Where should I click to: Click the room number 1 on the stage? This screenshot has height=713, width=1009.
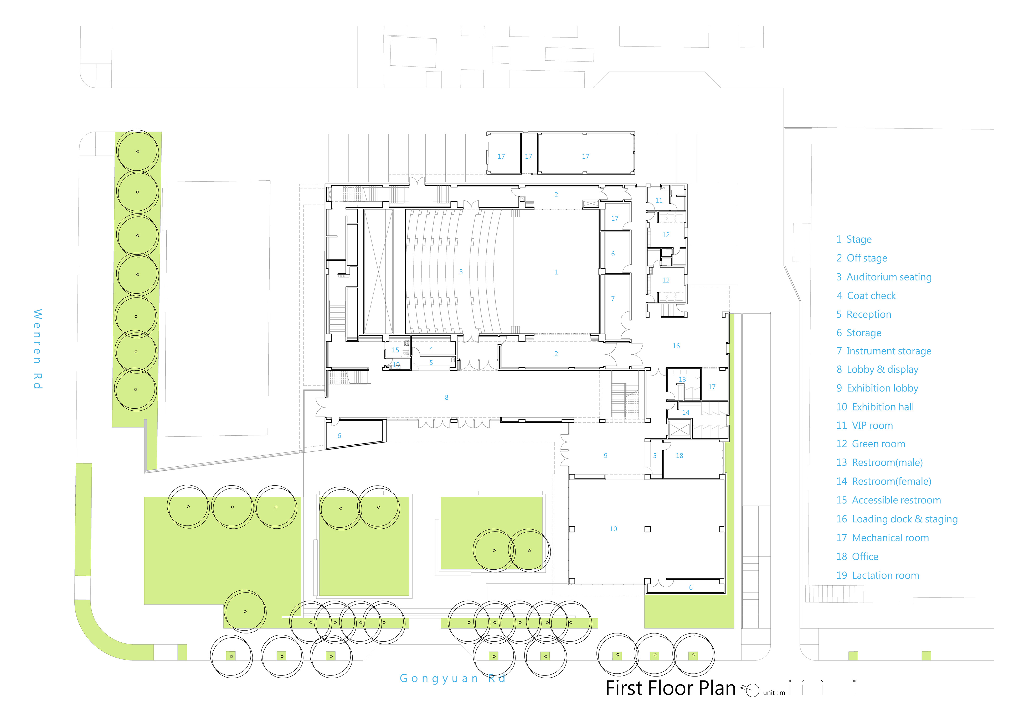pyautogui.click(x=556, y=272)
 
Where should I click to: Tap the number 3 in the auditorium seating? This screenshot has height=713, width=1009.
pyautogui.click(x=461, y=272)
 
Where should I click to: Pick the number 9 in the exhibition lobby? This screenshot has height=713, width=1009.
pyautogui.click(x=606, y=456)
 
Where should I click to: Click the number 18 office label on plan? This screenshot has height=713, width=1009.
pyautogui.click(x=679, y=456)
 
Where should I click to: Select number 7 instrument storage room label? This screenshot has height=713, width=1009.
pyautogui.click(x=613, y=299)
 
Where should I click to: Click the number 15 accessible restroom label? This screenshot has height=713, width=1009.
pyautogui.click(x=395, y=350)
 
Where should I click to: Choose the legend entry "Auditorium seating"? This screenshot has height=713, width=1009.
pyautogui.click(x=889, y=277)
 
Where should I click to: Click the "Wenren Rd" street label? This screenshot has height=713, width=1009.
pyautogui.click(x=38, y=349)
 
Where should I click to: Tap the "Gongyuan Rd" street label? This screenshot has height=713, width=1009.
pyautogui.click(x=453, y=679)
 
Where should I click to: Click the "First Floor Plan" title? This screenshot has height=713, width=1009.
pyautogui.click(x=671, y=688)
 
